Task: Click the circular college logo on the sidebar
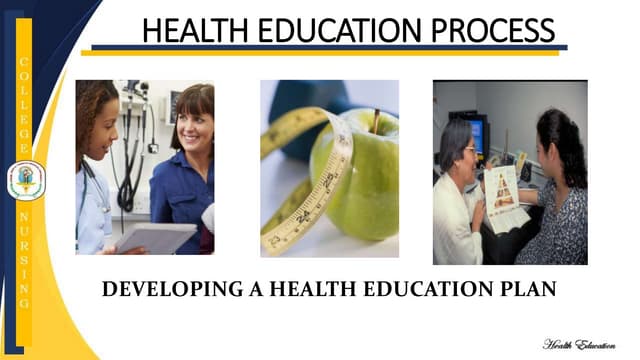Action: click(x=25, y=181)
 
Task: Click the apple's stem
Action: click(x=376, y=121)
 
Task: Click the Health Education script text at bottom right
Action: click(x=579, y=343)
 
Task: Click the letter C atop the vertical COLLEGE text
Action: click(x=25, y=63)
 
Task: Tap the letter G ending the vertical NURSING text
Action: click(x=25, y=302)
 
